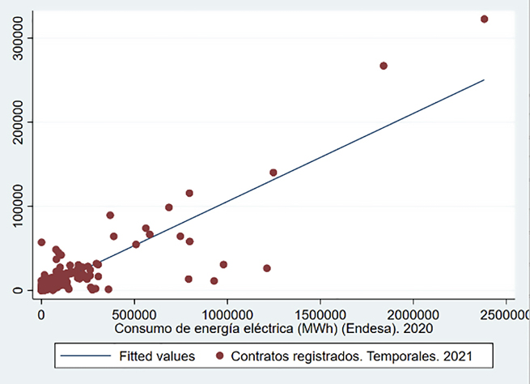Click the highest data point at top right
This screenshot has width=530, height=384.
tap(484, 19)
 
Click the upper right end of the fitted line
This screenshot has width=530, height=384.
tap(484, 79)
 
